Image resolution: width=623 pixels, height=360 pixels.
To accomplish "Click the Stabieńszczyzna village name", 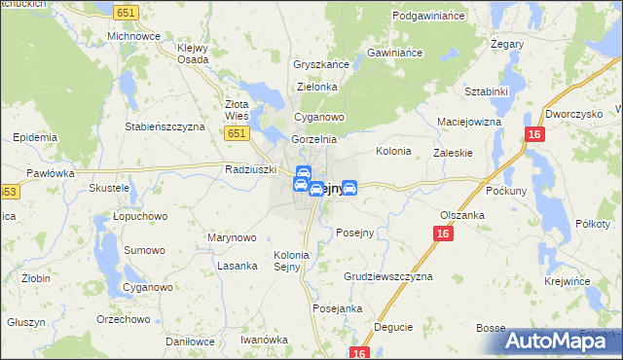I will click(165, 126).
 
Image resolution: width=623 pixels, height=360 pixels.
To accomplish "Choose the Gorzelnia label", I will click(313, 140).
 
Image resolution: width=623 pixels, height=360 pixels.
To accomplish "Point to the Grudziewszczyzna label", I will click(387, 276).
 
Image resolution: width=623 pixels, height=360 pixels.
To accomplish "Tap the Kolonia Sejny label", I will click(291, 262).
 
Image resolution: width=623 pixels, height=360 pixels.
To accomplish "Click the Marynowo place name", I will click(232, 237).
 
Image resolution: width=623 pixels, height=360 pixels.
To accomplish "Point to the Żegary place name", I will click(508, 45).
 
